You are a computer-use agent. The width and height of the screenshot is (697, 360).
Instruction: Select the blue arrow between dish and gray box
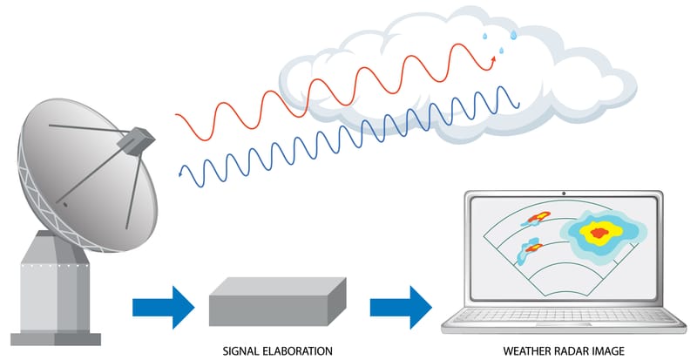click(163, 308)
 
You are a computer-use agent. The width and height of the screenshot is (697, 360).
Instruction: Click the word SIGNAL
click(240, 351)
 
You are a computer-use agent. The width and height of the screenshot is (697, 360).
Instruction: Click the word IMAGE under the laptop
click(615, 351)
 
